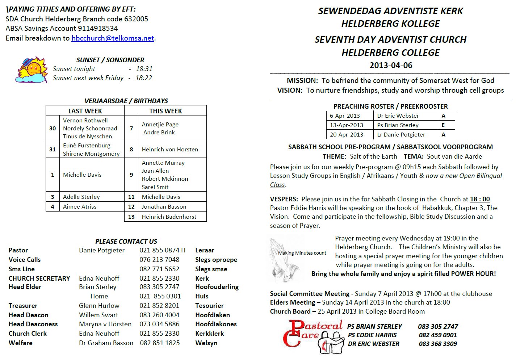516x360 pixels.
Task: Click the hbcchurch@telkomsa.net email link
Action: click(x=113, y=38)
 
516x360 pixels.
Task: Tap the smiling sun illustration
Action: click(x=32, y=70)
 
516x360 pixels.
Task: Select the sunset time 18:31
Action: click(x=144, y=68)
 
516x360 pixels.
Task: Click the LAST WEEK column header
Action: click(x=85, y=111)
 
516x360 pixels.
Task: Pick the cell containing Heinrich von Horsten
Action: click(x=170, y=149)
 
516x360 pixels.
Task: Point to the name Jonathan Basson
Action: click(x=164, y=206)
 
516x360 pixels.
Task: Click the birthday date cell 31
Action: click(x=53, y=149)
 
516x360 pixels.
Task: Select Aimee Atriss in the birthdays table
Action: click(x=80, y=206)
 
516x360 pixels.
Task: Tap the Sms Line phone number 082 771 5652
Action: click(x=159, y=269)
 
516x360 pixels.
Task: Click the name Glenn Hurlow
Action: click(x=99, y=305)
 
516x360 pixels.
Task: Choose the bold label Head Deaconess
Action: click(x=33, y=324)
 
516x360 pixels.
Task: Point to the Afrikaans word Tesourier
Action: click(x=209, y=305)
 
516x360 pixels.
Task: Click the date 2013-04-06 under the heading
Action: click(x=391, y=65)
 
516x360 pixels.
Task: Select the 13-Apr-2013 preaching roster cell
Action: click(x=346, y=125)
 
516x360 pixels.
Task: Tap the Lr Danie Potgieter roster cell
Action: click(x=401, y=134)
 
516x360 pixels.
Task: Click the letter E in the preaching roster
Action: click(x=443, y=125)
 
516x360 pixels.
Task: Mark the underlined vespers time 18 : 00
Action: click(x=480, y=199)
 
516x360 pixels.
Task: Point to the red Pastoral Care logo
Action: click(x=312, y=335)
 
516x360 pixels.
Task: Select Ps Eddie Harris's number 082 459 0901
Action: click(x=437, y=335)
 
